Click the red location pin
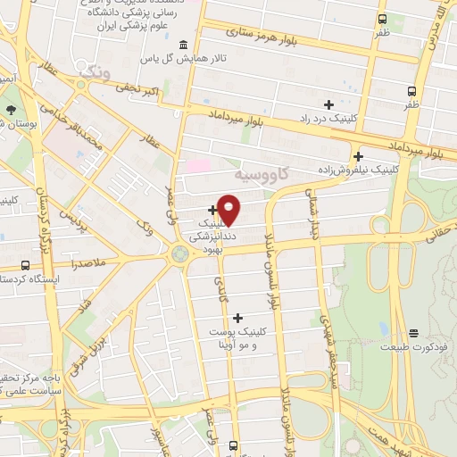pyautogui.click(x=229, y=209)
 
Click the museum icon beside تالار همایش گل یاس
pyautogui.click(x=183, y=45)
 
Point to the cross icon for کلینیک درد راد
pyautogui.click(x=328, y=104)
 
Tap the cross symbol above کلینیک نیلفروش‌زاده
pyautogui.click(x=357, y=155)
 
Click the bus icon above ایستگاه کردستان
pyautogui.click(x=25, y=265)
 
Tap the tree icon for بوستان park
pyautogui.click(x=10, y=110)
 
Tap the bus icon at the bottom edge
pyautogui.click(x=234, y=445)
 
